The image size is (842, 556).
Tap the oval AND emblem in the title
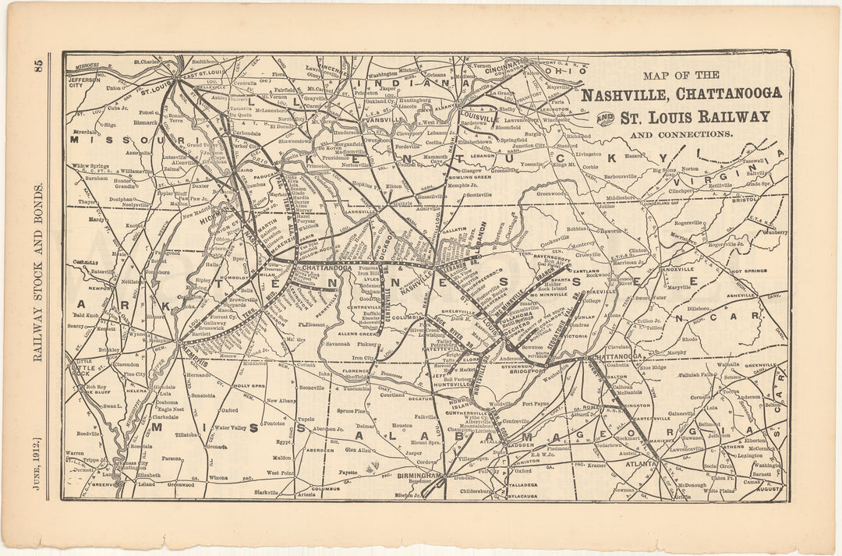click(605, 118)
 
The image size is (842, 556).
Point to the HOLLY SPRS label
click(251, 385)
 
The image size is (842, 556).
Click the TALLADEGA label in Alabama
click(513, 483)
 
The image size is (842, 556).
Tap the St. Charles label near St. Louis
click(146, 60)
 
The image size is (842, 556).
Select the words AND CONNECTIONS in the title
click(681, 134)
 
